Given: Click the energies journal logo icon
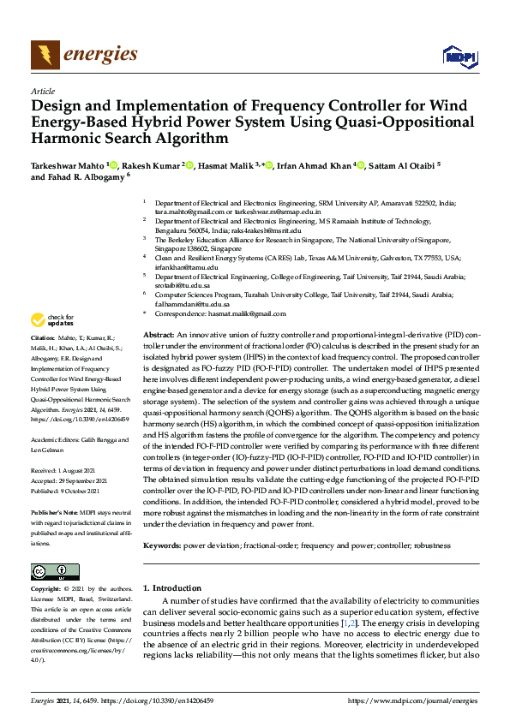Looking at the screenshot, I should click(45, 55).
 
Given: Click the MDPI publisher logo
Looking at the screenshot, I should click(458, 56).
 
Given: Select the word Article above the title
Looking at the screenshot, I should click(43, 91).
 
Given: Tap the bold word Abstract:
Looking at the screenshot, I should click(159, 334).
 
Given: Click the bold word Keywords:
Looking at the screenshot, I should click(162, 545).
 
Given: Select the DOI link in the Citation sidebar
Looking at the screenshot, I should click(79, 420).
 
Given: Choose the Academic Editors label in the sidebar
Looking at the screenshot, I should click(57, 441).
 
